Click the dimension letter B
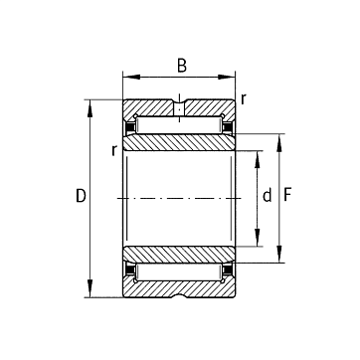182,66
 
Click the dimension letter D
81,196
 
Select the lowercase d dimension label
267,195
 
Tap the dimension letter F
287,195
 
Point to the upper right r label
244,98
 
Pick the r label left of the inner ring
114,150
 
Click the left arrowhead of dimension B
131,77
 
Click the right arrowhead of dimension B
227,77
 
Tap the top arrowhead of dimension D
90,108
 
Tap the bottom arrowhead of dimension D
90,288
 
